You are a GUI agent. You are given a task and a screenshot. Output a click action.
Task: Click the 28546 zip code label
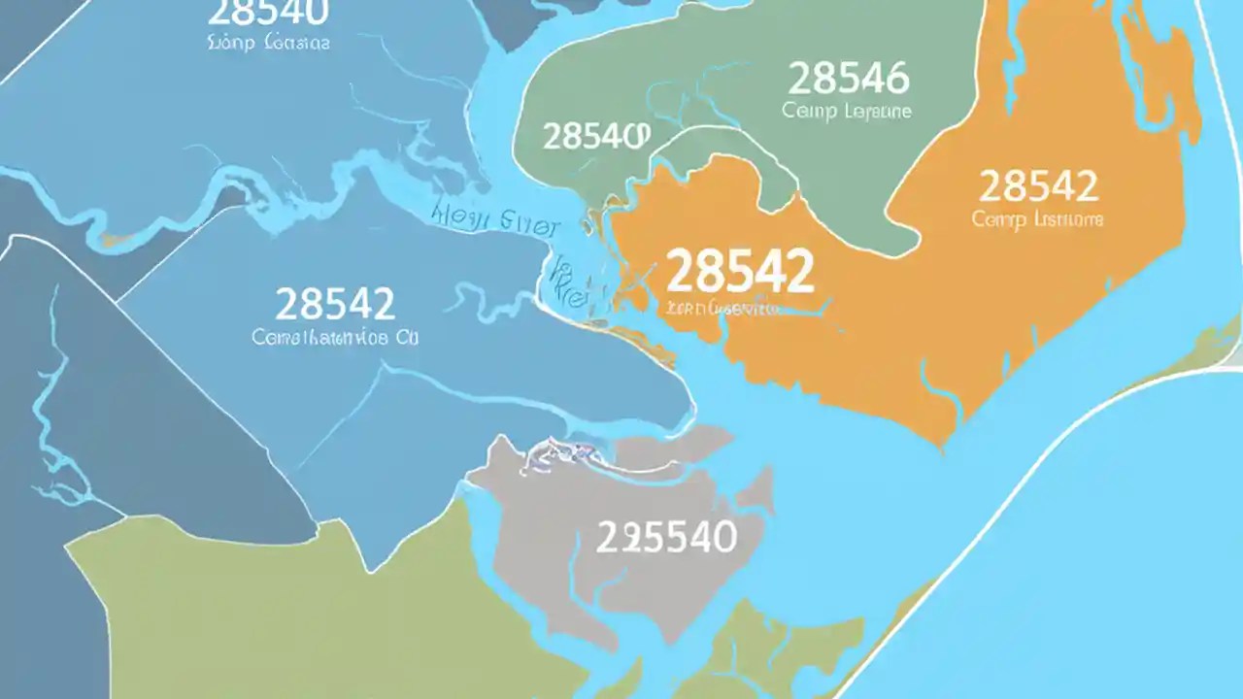(x=848, y=78)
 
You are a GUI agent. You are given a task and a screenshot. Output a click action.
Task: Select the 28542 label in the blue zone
(x=335, y=304)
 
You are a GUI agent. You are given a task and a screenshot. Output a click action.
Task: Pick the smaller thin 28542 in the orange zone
(x=1038, y=185)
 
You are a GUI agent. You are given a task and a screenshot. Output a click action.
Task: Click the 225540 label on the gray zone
(x=666, y=537)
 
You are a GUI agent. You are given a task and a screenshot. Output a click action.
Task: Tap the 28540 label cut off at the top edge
(x=268, y=13)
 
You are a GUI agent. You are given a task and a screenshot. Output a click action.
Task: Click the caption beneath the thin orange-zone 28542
(x=1037, y=219)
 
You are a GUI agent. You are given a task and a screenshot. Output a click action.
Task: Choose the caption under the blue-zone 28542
(x=334, y=339)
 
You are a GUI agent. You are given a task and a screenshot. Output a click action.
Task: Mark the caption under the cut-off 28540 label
(x=268, y=44)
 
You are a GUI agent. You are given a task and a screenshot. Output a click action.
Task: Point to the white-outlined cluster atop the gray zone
(x=558, y=452)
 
